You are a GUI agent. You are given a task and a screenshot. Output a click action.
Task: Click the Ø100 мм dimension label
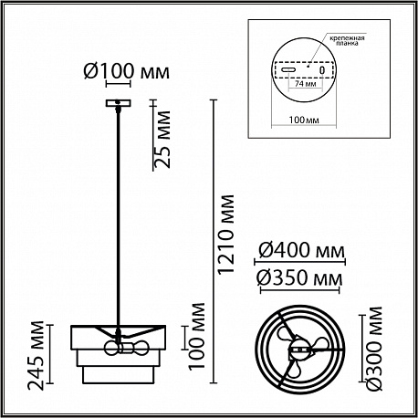pos(126,72)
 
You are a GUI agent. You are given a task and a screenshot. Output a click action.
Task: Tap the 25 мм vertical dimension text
pos(162,140)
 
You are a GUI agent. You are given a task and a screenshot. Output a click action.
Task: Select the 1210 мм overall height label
pos(226,235)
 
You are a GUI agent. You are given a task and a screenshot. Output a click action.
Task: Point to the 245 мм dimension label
pos(36,355)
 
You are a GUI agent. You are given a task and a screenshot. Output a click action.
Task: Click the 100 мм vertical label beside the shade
pos(196,337)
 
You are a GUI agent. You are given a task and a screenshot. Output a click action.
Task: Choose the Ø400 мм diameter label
pos(301,251)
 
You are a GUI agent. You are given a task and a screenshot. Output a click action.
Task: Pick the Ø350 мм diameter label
pos(299,278)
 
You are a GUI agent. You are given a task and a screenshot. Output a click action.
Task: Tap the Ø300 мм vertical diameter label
pos(374,349)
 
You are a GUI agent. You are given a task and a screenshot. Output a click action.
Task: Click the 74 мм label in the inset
pos(305,84)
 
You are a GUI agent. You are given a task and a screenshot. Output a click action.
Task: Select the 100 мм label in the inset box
pos(304,120)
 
